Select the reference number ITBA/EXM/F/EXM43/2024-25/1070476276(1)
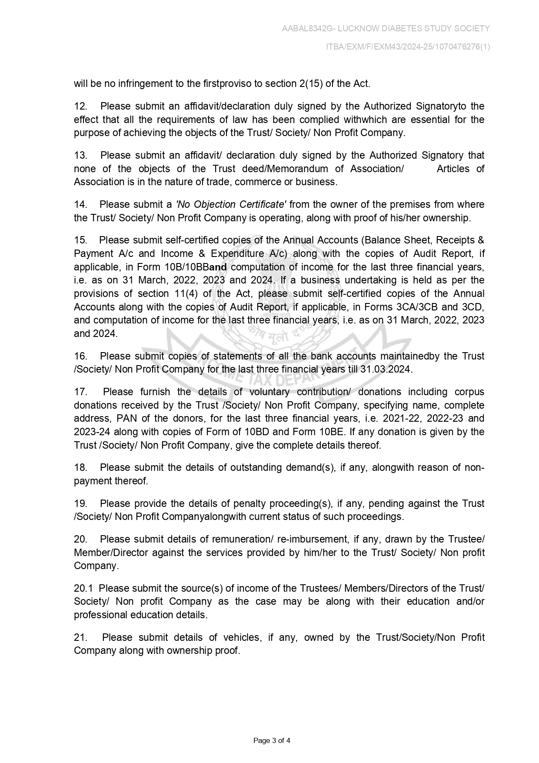(x=408, y=47)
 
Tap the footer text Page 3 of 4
(x=272, y=740)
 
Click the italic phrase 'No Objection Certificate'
(x=230, y=204)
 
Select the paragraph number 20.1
(x=83, y=588)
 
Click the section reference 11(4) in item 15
(x=186, y=293)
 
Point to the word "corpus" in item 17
(x=469, y=392)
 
